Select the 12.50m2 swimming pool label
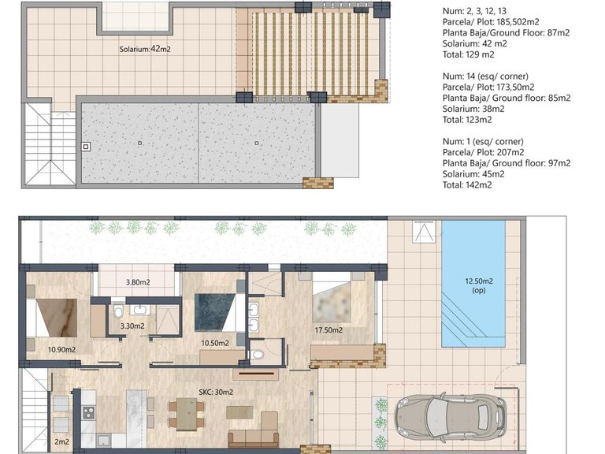point(478,285)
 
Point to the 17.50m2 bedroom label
point(328,330)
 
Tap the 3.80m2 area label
point(138,281)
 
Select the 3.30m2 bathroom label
point(133,325)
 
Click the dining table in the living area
point(187,414)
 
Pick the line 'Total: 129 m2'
point(469,54)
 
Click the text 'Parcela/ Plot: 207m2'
point(483,152)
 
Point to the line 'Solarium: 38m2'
point(476,109)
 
